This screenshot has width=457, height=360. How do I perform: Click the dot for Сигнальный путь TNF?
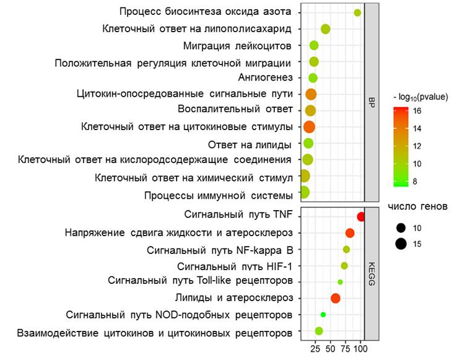(361, 217)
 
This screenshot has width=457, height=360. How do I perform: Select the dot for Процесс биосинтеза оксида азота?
(357, 13)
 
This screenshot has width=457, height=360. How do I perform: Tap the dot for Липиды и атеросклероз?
(336, 298)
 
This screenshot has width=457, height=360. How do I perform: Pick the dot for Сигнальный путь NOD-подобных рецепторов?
(323, 315)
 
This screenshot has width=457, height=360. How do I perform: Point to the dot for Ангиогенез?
(313, 78)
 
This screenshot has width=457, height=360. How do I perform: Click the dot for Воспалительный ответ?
(310, 110)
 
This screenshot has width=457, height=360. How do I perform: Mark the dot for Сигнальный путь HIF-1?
(344, 266)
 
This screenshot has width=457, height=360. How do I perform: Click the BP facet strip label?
(372, 102)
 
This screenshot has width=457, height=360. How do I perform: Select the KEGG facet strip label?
(372, 275)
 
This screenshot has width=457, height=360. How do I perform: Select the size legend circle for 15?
(401, 244)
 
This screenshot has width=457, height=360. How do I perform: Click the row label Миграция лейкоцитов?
(237, 46)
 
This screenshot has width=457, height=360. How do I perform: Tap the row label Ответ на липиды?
(250, 146)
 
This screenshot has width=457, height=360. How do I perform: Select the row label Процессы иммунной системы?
(218, 196)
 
